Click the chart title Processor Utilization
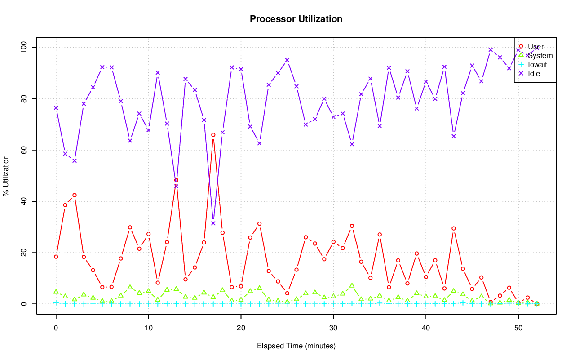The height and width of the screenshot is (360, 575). pos(296,19)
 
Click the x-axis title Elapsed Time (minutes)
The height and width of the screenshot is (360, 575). pos(296,346)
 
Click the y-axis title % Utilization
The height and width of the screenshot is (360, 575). pos(6,176)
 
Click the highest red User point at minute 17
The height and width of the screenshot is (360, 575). pos(213,135)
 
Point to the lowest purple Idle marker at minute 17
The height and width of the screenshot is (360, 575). pos(213,223)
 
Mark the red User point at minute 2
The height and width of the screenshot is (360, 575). pos(75,195)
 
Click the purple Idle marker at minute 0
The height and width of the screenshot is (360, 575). pos(56,107)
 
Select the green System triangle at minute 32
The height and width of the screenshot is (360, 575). pos(352,285)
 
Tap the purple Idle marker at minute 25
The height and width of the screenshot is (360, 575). pos(287,60)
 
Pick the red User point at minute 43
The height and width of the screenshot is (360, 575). pos(454,228)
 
